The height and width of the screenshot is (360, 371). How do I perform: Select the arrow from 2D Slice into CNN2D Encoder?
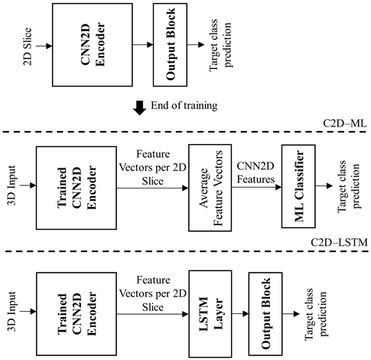tap(41, 46)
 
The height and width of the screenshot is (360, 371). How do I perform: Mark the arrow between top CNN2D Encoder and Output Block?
tap(140, 46)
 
